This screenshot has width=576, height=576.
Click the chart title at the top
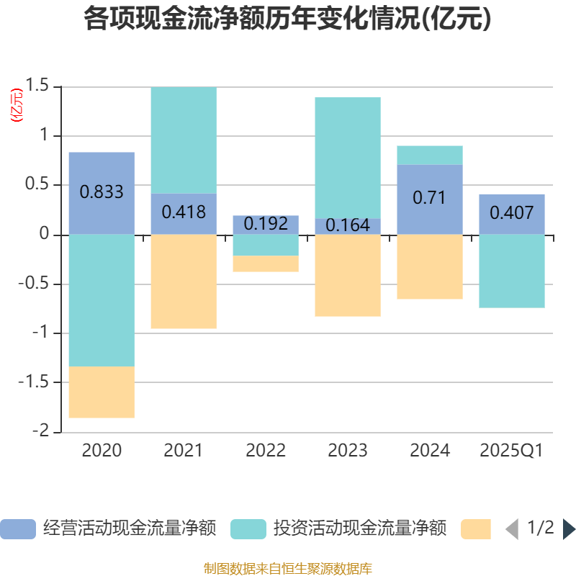287,19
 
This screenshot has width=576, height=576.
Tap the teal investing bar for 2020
102,300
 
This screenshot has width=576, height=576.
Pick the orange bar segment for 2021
184,282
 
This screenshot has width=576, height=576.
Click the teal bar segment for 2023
348,158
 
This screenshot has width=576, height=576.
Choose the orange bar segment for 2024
430,266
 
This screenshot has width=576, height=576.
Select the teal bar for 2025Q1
512,271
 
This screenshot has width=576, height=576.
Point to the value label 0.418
184,212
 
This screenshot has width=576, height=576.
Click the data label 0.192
266,223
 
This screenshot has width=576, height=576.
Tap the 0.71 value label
430,197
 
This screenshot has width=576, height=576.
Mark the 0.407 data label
512,212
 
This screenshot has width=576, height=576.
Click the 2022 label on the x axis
266,451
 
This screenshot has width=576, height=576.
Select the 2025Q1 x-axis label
512,451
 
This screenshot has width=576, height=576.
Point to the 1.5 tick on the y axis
37,86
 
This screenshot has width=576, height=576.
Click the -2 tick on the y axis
41,431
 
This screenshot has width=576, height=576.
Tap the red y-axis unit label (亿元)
16,105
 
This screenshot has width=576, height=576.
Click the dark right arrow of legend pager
569,529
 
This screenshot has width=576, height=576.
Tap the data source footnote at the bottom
287,569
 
